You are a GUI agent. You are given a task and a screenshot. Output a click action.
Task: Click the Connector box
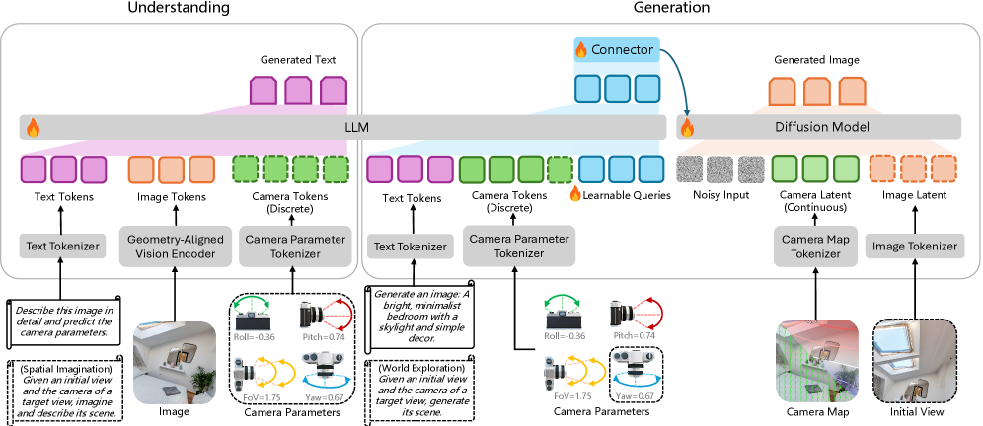(x=622, y=48)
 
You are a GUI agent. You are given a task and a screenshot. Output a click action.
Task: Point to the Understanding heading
(x=179, y=8)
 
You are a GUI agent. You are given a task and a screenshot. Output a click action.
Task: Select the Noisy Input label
(x=721, y=196)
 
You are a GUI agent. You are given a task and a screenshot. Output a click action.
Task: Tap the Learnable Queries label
(x=625, y=196)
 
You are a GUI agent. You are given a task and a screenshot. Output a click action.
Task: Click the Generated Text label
(x=298, y=60)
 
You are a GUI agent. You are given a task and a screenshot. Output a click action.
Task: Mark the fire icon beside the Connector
(x=581, y=48)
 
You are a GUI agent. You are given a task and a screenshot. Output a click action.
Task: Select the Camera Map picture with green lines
(x=813, y=360)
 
